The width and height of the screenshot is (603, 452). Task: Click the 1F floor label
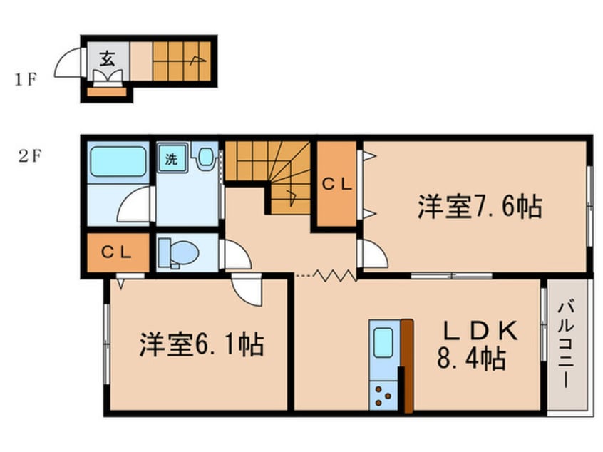point(24,79)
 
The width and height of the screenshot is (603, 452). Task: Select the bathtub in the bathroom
point(118,162)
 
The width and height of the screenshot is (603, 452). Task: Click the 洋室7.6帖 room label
point(480,207)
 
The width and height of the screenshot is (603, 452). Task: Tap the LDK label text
point(480,331)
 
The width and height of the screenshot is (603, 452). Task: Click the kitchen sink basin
point(384,343)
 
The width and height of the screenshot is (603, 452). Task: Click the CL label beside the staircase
point(336,184)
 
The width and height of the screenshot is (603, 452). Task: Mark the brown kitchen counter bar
point(406,366)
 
